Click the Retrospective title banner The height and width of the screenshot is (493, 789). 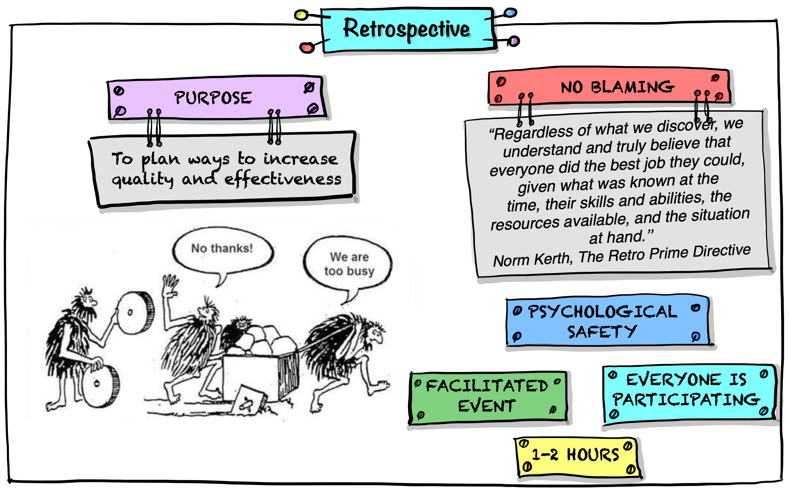pos(407,29)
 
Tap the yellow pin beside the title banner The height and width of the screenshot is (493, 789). pos(301,15)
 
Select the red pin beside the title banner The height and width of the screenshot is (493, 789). pos(307,48)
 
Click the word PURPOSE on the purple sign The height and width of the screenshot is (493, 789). pos(213,98)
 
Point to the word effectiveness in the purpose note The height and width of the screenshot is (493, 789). pos(283,179)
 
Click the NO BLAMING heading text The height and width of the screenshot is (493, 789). pos(617,87)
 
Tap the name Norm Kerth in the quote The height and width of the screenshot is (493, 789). pos(532,260)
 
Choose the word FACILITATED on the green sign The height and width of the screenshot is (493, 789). pos(487,386)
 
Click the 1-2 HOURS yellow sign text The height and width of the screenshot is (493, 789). pos(575,455)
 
